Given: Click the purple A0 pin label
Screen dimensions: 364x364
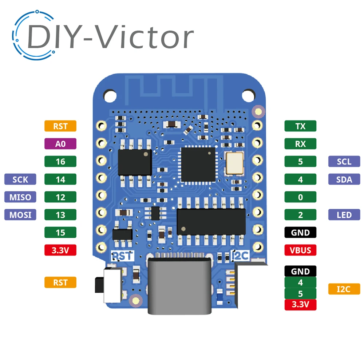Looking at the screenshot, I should point(60,144).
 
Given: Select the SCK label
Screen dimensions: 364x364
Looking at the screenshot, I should point(20,179).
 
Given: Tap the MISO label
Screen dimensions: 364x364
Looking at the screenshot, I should point(20,197).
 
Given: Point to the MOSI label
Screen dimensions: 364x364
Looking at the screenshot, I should point(20,215).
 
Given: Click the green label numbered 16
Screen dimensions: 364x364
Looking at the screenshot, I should point(60,161).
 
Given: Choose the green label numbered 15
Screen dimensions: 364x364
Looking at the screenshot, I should point(60,232).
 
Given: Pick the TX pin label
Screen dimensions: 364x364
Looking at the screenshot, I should point(300,126).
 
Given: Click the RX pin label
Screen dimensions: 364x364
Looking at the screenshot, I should point(300,144).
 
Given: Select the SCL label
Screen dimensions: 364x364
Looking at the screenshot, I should point(344,161).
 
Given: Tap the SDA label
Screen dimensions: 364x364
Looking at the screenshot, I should point(344,179).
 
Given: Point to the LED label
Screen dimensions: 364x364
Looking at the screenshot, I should point(344,215).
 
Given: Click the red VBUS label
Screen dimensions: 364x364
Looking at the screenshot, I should point(300,250).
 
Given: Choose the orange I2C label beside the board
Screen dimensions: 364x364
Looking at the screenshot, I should point(344,289).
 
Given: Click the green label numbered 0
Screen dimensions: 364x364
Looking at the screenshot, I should point(300,197).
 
